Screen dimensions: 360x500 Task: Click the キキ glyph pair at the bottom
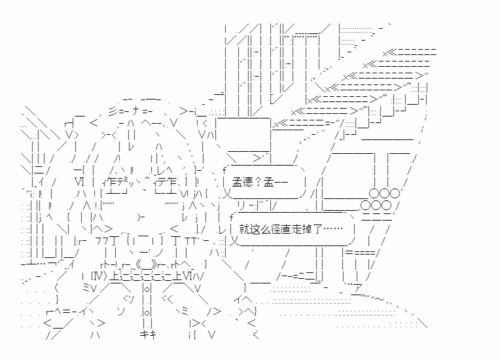tap(146, 335)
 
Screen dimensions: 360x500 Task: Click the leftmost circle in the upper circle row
tap(374, 193)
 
